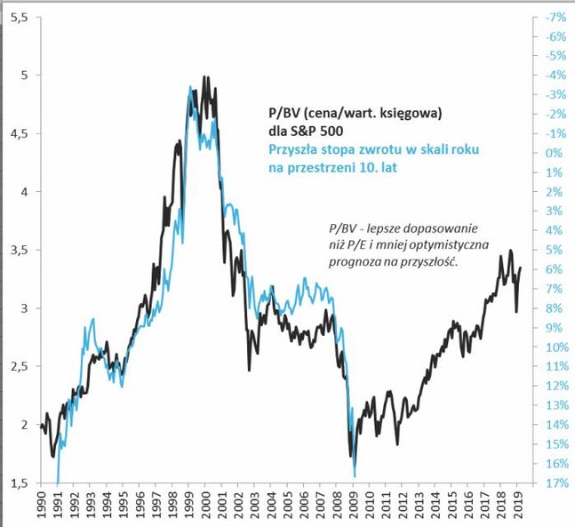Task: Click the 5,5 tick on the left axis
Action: click(x=18, y=18)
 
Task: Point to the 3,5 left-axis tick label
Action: click(x=18, y=251)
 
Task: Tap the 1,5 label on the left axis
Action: click(x=18, y=483)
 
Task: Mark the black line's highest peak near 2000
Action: click(x=205, y=77)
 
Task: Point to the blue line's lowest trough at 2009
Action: click(x=355, y=475)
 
